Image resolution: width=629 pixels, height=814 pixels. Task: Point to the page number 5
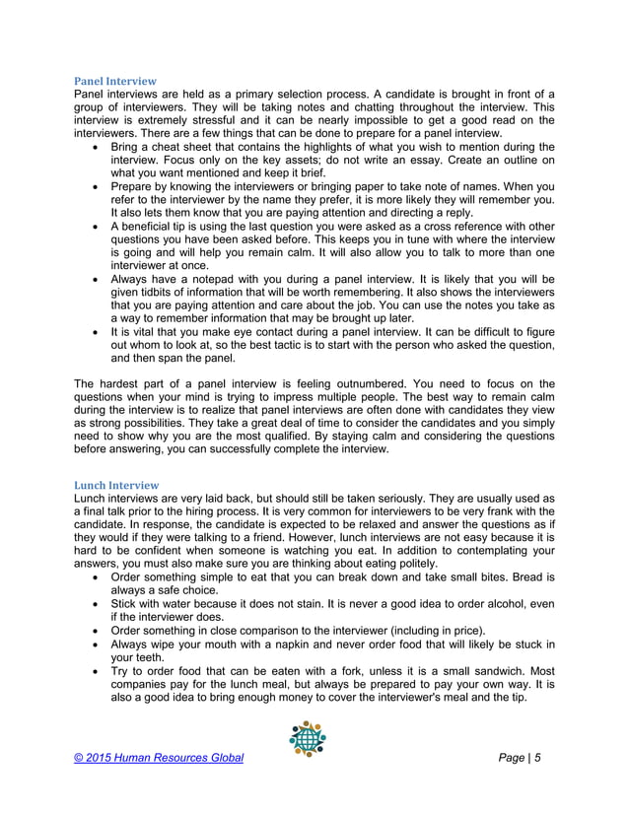[x=539, y=757]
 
